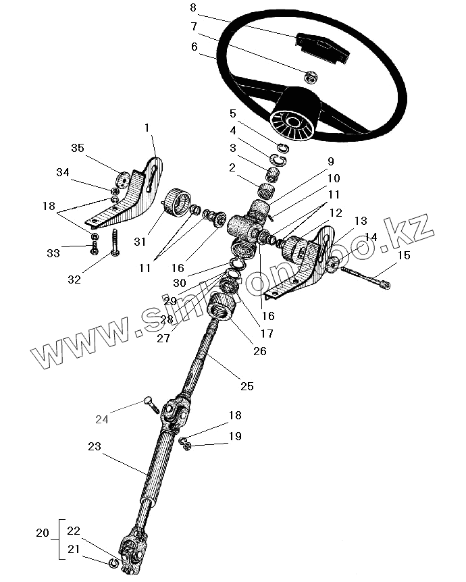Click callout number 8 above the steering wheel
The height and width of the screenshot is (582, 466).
pos(193,9)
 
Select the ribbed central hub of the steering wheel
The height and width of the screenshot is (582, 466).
pos(291,120)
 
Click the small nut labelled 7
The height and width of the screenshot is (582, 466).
pos(311,76)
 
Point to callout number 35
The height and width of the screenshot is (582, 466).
pos(78,149)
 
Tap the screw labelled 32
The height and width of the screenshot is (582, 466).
pos(113,243)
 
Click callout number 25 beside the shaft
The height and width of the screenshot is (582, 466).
pos(247,386)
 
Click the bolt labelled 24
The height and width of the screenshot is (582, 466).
pos(151,404)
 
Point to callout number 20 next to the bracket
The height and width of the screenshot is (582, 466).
pos(42,533)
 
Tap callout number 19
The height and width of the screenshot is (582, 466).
pos(234,437)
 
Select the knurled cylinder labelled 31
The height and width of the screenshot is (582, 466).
pos(177,201)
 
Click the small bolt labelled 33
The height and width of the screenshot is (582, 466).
pos(94,248)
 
